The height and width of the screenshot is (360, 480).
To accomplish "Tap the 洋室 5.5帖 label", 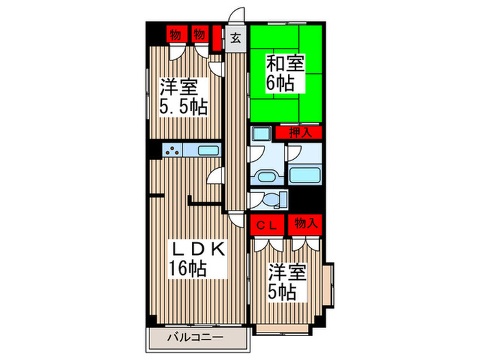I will click(183, 97).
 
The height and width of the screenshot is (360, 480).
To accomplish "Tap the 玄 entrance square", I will click(235, 38).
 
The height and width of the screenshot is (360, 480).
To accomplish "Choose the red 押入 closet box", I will click(299, 132).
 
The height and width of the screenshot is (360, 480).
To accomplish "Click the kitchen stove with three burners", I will click(172, 152).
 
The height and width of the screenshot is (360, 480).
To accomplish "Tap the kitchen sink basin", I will click(208, 152).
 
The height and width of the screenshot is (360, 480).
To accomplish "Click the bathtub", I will click(302, 172).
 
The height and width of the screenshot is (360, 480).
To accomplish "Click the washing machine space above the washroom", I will click(261, 134).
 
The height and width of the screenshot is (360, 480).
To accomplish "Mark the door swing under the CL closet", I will click(266, 241).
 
